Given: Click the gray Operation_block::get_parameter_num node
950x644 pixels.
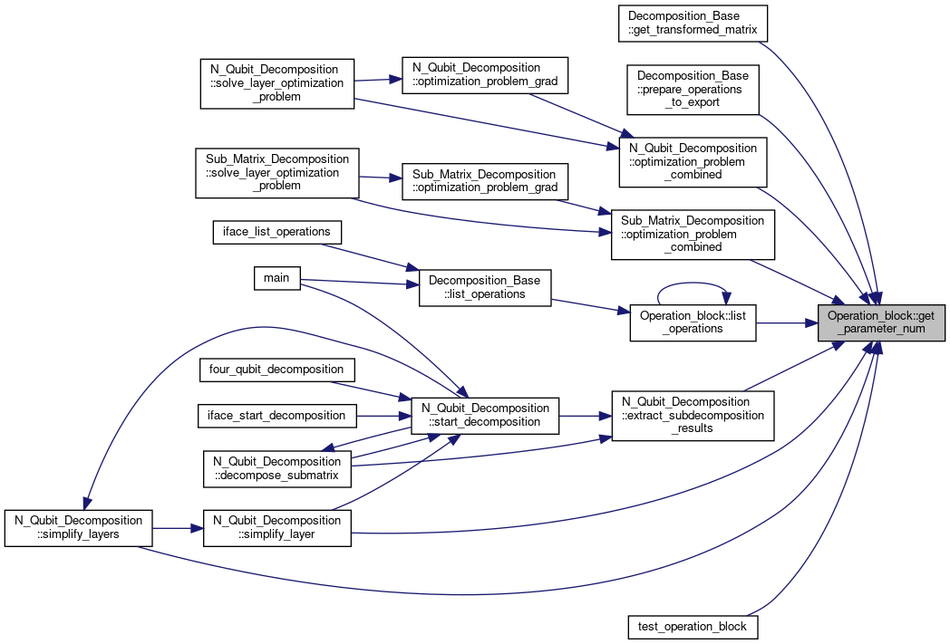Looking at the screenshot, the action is coord(881,322).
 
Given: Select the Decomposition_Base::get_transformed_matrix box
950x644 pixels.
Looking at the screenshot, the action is coord(693,24).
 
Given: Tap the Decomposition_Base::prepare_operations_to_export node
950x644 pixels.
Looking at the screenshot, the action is coord(693,90).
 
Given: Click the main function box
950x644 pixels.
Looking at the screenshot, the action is coord(276,278).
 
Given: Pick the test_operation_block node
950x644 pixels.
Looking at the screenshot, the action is coord(692,627).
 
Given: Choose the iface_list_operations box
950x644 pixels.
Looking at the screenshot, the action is coord(276,233).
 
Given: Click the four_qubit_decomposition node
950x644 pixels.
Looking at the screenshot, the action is coord(276,370).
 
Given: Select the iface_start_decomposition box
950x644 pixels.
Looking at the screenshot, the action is coord(276,416).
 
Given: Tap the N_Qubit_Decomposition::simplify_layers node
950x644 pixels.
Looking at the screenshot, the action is coord(78,528).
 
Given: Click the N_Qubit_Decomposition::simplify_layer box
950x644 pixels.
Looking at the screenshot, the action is coord(276,528).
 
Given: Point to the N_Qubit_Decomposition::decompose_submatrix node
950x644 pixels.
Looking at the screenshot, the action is coord(276,468).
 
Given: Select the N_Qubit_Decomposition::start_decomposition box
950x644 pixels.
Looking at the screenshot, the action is coord(485,416).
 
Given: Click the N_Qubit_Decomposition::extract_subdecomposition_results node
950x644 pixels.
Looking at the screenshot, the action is coord(693,416).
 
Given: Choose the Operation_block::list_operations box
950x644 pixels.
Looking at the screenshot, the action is coord(693,322).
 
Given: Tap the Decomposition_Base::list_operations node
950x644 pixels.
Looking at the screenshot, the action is coord(485,288).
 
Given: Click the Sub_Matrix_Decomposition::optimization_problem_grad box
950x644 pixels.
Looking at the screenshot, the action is coord(485,181).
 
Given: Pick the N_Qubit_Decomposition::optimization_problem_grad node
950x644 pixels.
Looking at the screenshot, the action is coord(485,76).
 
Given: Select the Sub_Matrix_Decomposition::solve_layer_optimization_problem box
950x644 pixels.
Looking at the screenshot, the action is coord(276,173).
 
